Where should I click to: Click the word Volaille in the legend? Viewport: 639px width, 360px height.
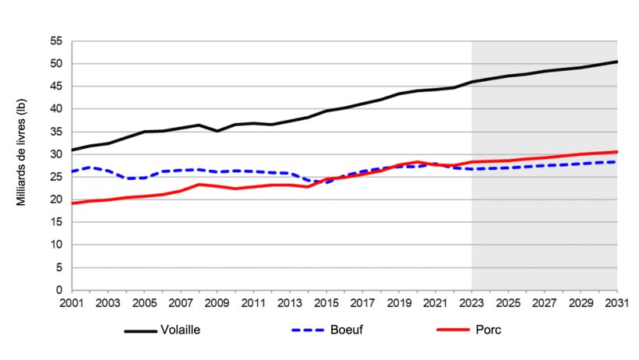pos(182,330)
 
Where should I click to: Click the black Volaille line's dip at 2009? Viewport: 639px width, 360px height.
pos(217,131)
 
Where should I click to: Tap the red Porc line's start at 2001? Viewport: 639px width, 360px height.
pos(72,203)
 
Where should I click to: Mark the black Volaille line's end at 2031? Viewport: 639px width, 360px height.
pos(617,62)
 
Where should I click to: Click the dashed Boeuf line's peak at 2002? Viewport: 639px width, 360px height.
pos(90,168)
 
